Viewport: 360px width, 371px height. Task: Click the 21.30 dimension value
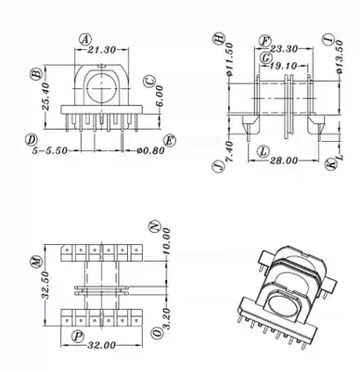(102, 49)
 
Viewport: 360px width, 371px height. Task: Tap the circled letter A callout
(85, 39)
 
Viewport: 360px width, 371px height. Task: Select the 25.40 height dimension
(45, 96)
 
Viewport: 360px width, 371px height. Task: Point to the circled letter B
(36, 74)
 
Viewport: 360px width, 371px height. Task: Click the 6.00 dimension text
(160, 96)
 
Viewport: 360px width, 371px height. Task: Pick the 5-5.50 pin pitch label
(50, 150)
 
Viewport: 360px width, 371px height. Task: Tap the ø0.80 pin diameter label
(151, 150)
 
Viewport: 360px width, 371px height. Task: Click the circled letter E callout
(169, 141)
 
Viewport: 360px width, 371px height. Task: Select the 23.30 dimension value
(284, 49)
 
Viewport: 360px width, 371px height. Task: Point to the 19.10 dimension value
(283, 66)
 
